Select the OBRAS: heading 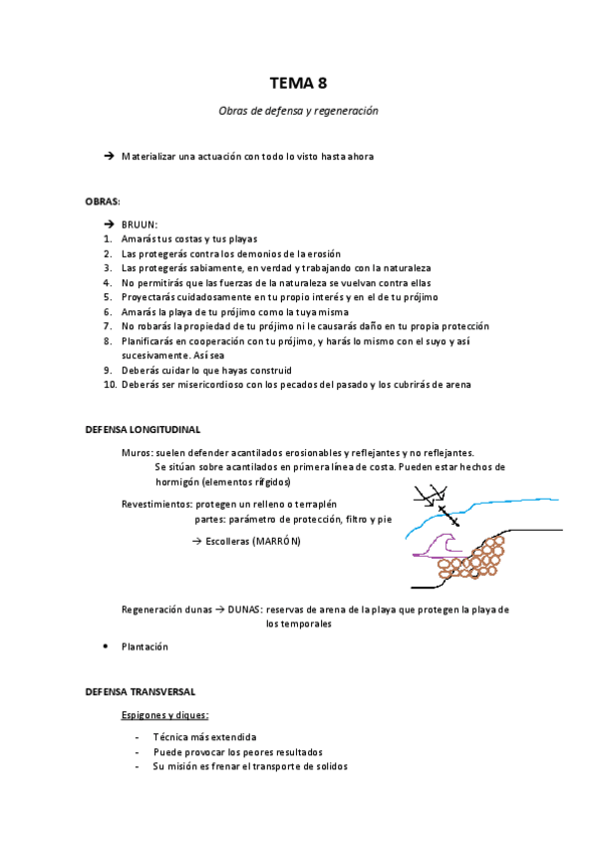pos(103,202)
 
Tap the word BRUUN pos(139,224)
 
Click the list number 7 pos(107,326)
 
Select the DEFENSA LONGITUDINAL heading pos(143,429)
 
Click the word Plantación pos(145,646)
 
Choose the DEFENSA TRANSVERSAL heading pos(140,690)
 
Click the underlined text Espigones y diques pos(164,715)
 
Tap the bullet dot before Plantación pos(106,646)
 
